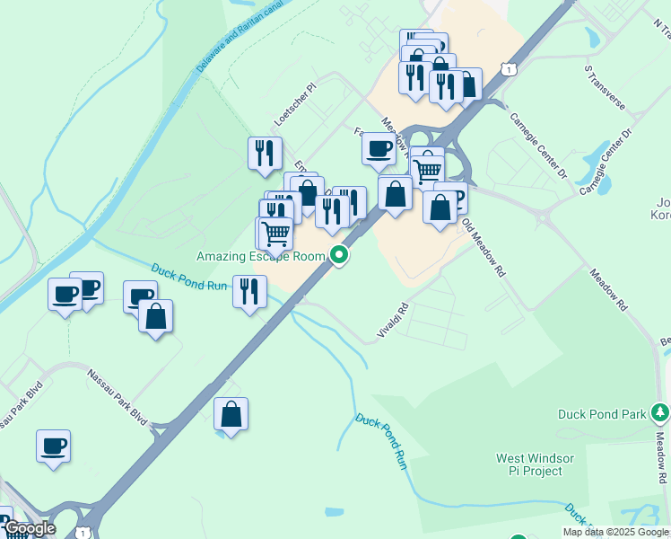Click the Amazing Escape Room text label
(260, 256)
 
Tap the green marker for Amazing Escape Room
(339, 256)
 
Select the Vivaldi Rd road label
(392, 320)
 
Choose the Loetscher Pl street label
(296, 106)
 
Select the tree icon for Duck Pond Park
(660, 412)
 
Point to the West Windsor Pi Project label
(529, 464)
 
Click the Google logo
(29, 528)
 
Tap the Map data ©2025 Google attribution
(616, 532)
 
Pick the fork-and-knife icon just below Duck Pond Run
(249, 291)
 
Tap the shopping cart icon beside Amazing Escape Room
(275, 233)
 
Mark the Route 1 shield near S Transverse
(509, 68)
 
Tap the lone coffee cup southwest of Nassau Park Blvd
(54, 446)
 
